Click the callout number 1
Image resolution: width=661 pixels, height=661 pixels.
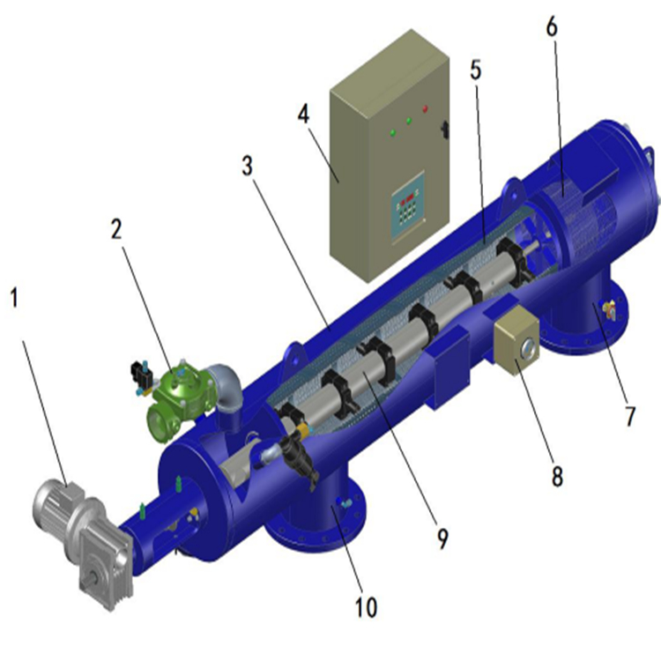pyautogui.click(x=15, y=297)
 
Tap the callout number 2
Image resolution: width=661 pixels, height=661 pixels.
pyautogui.click(x=116, y=230)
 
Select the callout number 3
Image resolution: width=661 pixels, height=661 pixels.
pyautogui.click(x=248, y=166)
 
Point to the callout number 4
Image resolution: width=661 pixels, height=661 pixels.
pyautogui.click(x=303, y=115)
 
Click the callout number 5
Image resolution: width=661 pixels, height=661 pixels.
pyautogui.click(x=476, y=71)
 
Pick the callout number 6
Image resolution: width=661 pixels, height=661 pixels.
pyautogui.click(x=552, y=27)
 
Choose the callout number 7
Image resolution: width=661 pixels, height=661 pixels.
pyautogui.click(x=630, y=416)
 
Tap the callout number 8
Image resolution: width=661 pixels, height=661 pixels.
pyautogui.click(x=557, y=477)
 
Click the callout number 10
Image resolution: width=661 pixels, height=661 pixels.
pyautogui.click(x=366, y=607)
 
